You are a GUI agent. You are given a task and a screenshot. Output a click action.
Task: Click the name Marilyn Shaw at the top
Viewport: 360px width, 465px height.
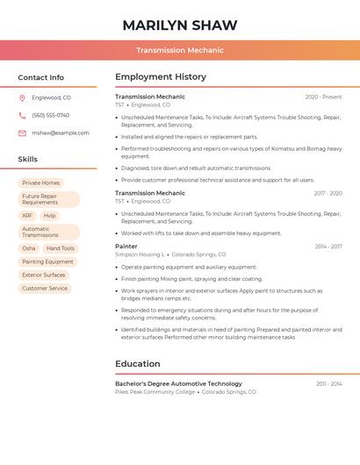pyautogui.click(x=179, y=25)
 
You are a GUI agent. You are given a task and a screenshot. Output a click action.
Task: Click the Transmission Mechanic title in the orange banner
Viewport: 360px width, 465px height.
pyautogui.click(x=179, y=50)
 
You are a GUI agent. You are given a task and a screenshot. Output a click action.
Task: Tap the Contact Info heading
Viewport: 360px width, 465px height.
pyautogui.click(x=40, y=77)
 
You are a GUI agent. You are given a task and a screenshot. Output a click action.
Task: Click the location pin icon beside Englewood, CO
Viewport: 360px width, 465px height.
pyautogui.click(x=22, y=97)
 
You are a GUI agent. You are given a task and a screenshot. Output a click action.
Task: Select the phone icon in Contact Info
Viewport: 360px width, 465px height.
pyautogui.click(x=22, y=115)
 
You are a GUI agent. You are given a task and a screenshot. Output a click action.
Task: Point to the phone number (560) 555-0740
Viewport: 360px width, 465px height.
pyautogui.click(x=50, y=115)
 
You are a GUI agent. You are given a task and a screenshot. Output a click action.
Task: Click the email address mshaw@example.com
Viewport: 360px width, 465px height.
pyautogui.click(x=60, y=132)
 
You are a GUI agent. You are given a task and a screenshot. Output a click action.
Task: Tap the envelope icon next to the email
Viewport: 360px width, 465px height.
pyautogui.click(x=22, y=132)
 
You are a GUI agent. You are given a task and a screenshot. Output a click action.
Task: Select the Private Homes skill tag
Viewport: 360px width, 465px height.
pyautogui.click(x=41, y=182)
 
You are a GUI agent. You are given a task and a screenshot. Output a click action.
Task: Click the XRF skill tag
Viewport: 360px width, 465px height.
pyautogui.click(x=27, y=215)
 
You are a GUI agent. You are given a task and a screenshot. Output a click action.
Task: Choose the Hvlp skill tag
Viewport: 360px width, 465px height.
pyautogui.click(x=49, y=215)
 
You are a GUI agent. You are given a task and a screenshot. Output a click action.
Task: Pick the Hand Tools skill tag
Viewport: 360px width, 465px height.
pyautogui.click(x=61, y=248)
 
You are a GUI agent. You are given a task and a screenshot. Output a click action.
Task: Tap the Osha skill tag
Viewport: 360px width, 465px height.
pyautogui.click(x=29, y=248)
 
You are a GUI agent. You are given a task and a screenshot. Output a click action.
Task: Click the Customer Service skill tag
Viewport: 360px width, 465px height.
pyautogui.click(x=45, y=288)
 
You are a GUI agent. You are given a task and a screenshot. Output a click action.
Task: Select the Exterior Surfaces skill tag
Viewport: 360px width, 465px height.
pyautogui.click(x=44, y=275)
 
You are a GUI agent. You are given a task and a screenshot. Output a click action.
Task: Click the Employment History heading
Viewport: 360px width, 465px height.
pyautogui.click(x=161, y=77)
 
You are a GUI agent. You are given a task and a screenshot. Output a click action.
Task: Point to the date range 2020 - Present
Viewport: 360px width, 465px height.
pyautogui.click(x=323, y=97)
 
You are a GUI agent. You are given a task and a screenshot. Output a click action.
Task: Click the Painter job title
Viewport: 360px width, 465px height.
pyautogui.click(x=126, y=247)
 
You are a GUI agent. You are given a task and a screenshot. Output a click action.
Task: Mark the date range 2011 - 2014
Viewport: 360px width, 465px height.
pyautogui.click(x=328, y=383)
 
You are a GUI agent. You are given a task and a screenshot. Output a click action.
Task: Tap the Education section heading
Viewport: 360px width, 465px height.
pyautogui.click(x=138, y=364)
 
